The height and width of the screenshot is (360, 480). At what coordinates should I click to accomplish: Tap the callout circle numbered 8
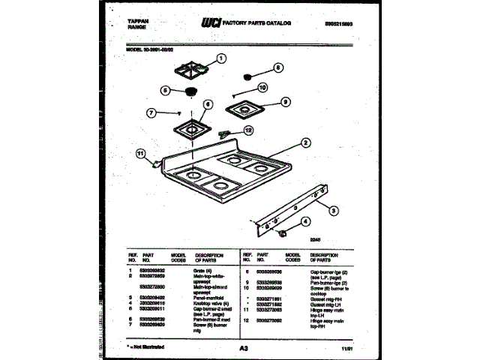point(278,67)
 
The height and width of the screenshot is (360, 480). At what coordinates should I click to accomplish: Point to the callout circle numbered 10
point(262,88)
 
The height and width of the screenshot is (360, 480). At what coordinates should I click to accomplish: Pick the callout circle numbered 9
point(284,102)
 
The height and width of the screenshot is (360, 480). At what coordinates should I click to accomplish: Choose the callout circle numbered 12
point(249,129)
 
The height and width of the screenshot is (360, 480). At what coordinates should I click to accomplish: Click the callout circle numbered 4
point(306,221)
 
